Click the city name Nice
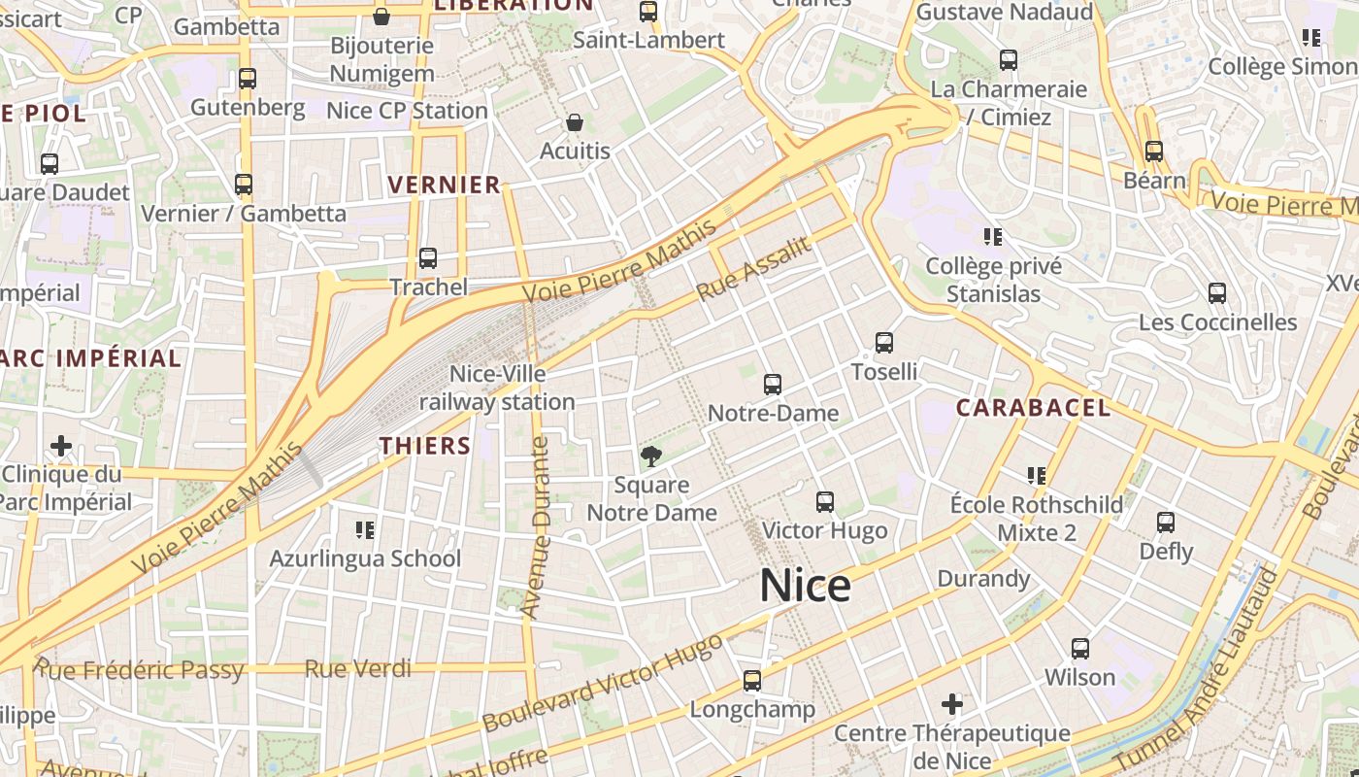[x=805, y=586]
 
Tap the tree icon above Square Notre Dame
[x=651, y=455]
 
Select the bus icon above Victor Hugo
[x=825, y=501]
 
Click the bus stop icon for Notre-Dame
[x=773, y=384]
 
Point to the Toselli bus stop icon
[x=883, y=342]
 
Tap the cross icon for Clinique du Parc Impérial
[x=61, y=446]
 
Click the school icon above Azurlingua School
[x=365, y=529]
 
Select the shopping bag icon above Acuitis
[x=575, y=122]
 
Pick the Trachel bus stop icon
[x=427, y=257]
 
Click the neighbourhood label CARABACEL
[x=1033, y=408]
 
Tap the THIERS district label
[x=424, y=446]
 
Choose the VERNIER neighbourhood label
[x=444, y=185]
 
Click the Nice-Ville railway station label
[x=497, y=388]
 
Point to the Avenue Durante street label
[x=537, y=527]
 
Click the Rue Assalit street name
[x=753, y=269]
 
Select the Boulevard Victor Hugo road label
[x=602, y=684]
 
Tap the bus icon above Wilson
[x=1079, y=648]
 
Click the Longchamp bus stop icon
[x=752, y=680]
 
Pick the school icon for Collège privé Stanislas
[x=992, y=236]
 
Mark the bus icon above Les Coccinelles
[x=1217, y=292]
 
